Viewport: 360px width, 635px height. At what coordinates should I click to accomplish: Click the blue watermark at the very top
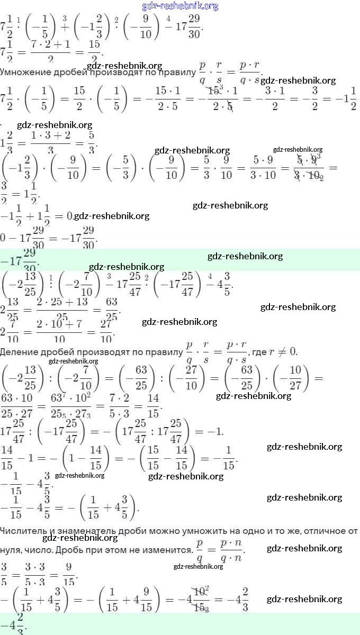click(180, 6)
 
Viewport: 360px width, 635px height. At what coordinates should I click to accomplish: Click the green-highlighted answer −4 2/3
click(14, 623)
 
